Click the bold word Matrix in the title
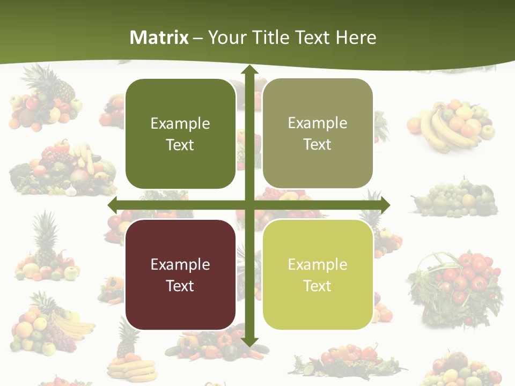coord(159,38)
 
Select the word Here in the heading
coord(356,38)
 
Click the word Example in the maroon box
coord(180,264)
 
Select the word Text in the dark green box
coord(180,145)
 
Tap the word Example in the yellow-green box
coord(318,264)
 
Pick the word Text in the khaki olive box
coord(318,145)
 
